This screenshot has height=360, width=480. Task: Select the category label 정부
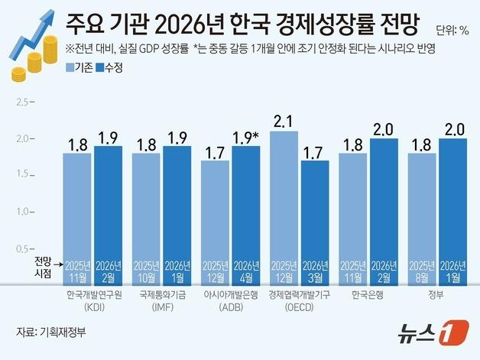(x=438, y=293)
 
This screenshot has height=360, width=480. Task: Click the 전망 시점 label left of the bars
(x=44, y=266)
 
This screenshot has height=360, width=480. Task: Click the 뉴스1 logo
(x=432, y=333)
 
